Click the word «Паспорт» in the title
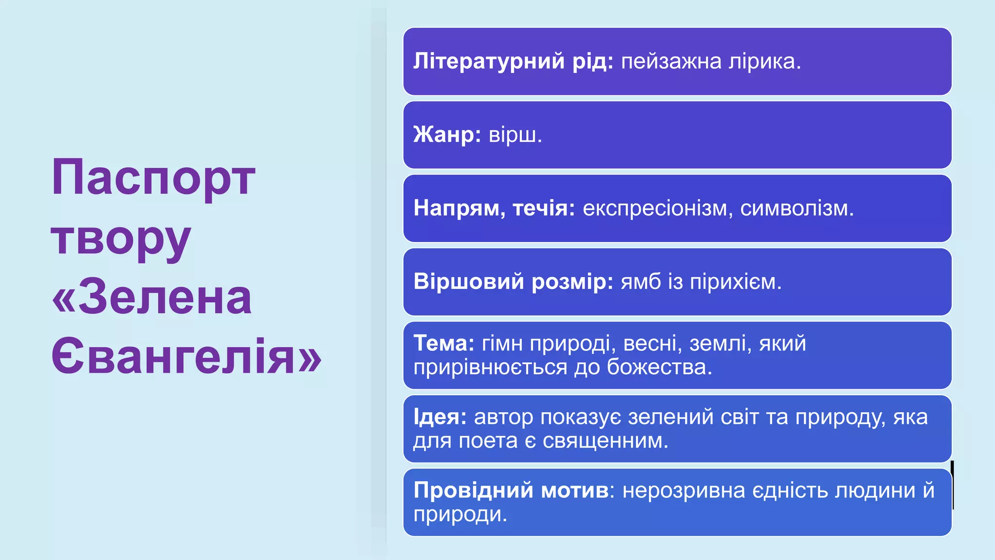pos(153,178)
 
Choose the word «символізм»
pos(796,209)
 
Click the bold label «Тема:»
pos(444,344)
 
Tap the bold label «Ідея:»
pos(440,417)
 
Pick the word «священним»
pos(605,441)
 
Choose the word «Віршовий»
pos(468,282)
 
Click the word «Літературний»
pos(489,61)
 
